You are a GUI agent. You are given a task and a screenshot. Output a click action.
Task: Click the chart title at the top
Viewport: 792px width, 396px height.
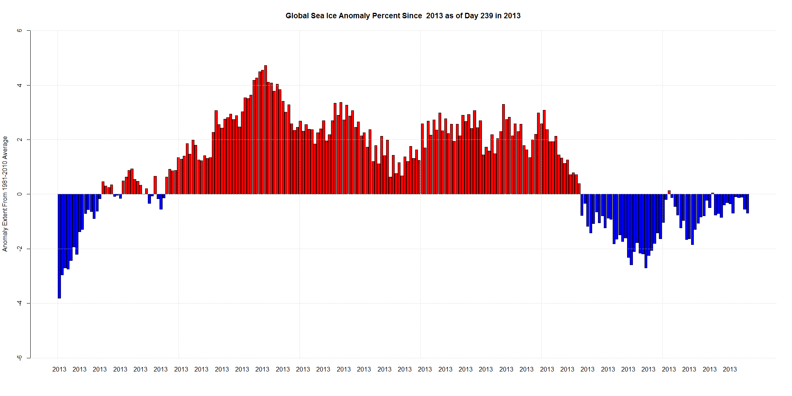coord(403,16)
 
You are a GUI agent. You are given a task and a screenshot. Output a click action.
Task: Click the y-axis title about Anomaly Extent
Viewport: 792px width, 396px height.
coord(5,194)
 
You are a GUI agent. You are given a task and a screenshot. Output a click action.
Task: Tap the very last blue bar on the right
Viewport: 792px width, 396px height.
coord(747,203)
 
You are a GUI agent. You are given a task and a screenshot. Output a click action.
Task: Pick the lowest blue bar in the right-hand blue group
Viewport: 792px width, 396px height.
coord(646,231)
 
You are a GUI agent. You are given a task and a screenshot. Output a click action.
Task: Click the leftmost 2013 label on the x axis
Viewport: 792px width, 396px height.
coord(59,369)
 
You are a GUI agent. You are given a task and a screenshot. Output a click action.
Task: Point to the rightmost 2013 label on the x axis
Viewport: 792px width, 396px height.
coord(730,369)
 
